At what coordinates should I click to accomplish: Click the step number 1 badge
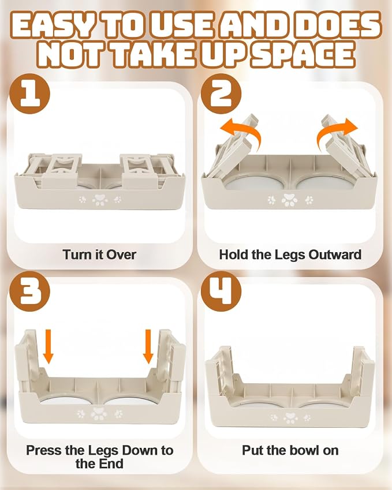click(x=30, y=93)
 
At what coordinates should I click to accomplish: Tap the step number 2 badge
click(x=221, y=93)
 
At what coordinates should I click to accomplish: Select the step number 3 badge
click(x=30, y=291)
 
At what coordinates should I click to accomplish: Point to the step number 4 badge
click(x=221, y=291)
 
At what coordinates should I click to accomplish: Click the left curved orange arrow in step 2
click(x=242, y=130)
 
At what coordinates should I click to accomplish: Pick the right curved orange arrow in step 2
click(x=336, y=130)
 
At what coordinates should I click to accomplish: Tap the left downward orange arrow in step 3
click(x=48, y=346)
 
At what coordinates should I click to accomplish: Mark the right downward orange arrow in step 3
click(x=148, y=346)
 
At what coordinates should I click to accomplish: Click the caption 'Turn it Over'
click(x=99, y=255)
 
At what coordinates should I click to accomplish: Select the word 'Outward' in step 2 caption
click(x=335, y=255)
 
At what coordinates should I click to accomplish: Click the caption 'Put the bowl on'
click(x=290, y=450)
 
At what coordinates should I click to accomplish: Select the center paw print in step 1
click(x=100, y=200)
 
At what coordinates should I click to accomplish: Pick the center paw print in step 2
click(x=290, y=200)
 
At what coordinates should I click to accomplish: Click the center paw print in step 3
click(x=99, y=414)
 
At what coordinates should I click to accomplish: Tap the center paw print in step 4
click(x=290, y=418)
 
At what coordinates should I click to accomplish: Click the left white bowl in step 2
click(x=257, y=183)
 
